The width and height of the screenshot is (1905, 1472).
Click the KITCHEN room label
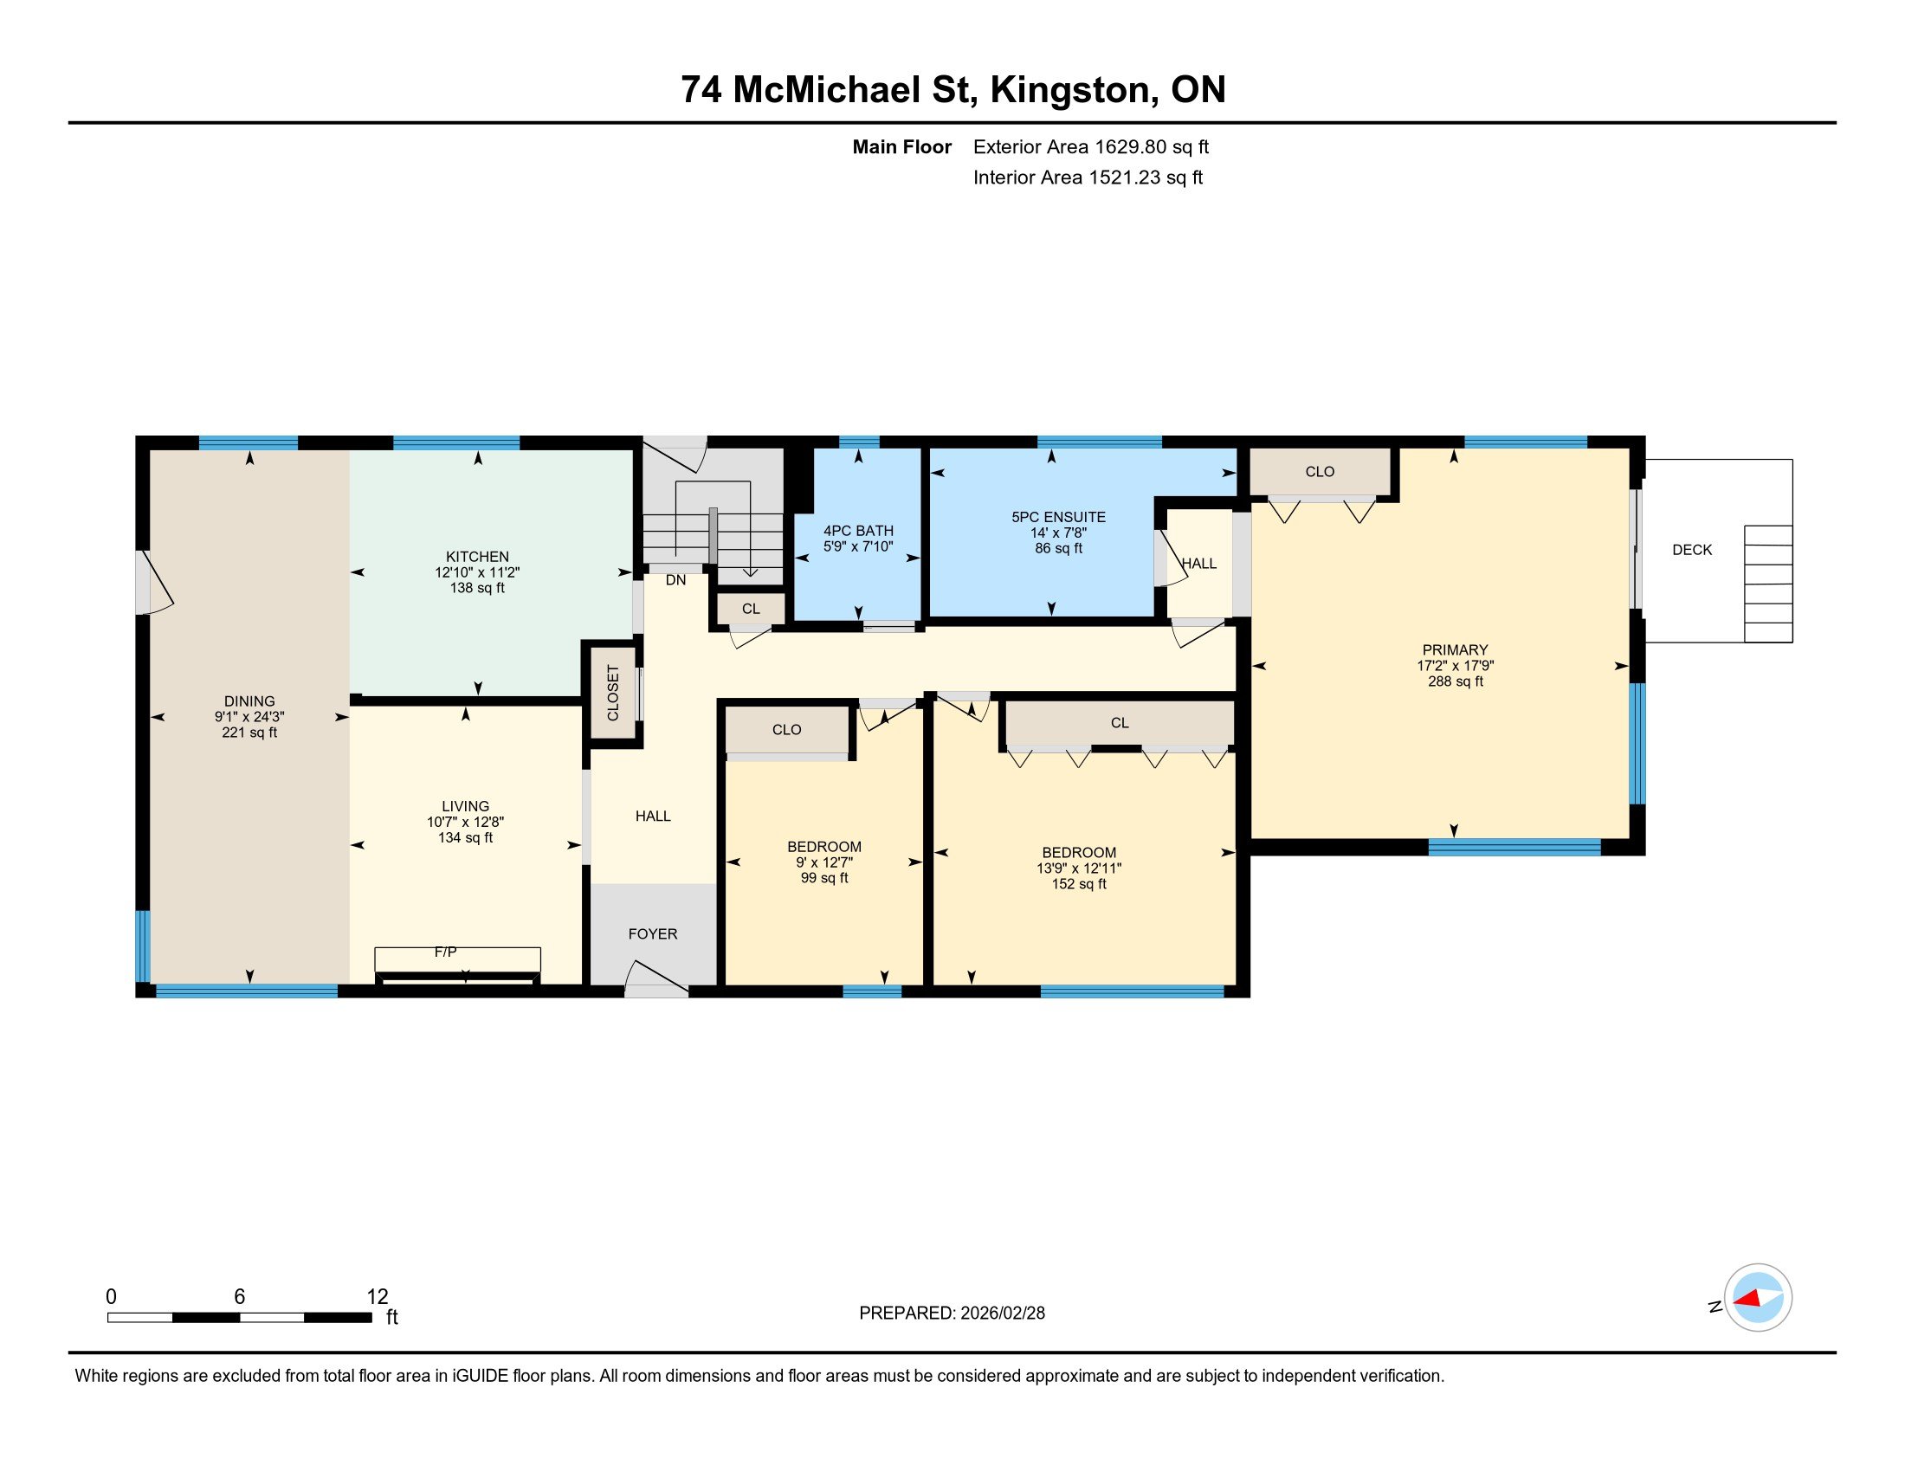point(477,557)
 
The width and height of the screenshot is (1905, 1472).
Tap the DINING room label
point(249,701)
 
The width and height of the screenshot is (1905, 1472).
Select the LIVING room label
point(465,807)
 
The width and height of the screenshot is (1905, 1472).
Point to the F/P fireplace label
point(446,952)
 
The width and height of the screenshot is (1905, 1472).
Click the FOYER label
point(652,934)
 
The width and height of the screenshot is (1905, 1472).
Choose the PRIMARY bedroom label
point(1455,649)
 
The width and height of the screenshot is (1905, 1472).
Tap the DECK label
point(1692,550)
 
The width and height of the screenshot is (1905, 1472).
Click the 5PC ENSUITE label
point(1058,517)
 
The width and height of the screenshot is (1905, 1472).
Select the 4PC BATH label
point(858,531)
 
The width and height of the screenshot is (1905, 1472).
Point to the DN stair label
point(676,580)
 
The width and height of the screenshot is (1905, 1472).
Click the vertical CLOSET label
point(613,694)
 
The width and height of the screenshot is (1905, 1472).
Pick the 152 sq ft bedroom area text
point(1079,884)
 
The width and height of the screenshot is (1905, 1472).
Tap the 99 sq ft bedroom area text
point(824,878)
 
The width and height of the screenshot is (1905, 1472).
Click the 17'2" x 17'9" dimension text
point(1455,665)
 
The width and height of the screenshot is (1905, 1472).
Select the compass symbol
point(1758,1298)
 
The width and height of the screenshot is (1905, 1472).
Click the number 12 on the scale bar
point(377,1297)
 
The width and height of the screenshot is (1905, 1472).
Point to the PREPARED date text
point(952,1314)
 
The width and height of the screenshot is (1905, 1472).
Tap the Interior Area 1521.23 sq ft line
point(1088,178)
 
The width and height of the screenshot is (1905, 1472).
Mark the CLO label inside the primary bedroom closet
point(1320,472)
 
